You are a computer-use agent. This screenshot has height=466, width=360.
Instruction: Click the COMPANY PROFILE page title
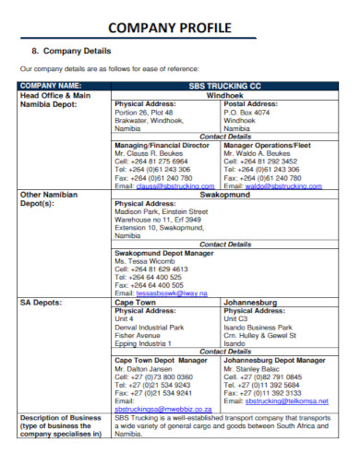coord(180,28)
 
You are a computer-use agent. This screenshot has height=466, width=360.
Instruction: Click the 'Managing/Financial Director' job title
coord(162,145)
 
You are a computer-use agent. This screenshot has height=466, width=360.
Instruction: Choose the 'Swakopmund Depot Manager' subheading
coord(163,252)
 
